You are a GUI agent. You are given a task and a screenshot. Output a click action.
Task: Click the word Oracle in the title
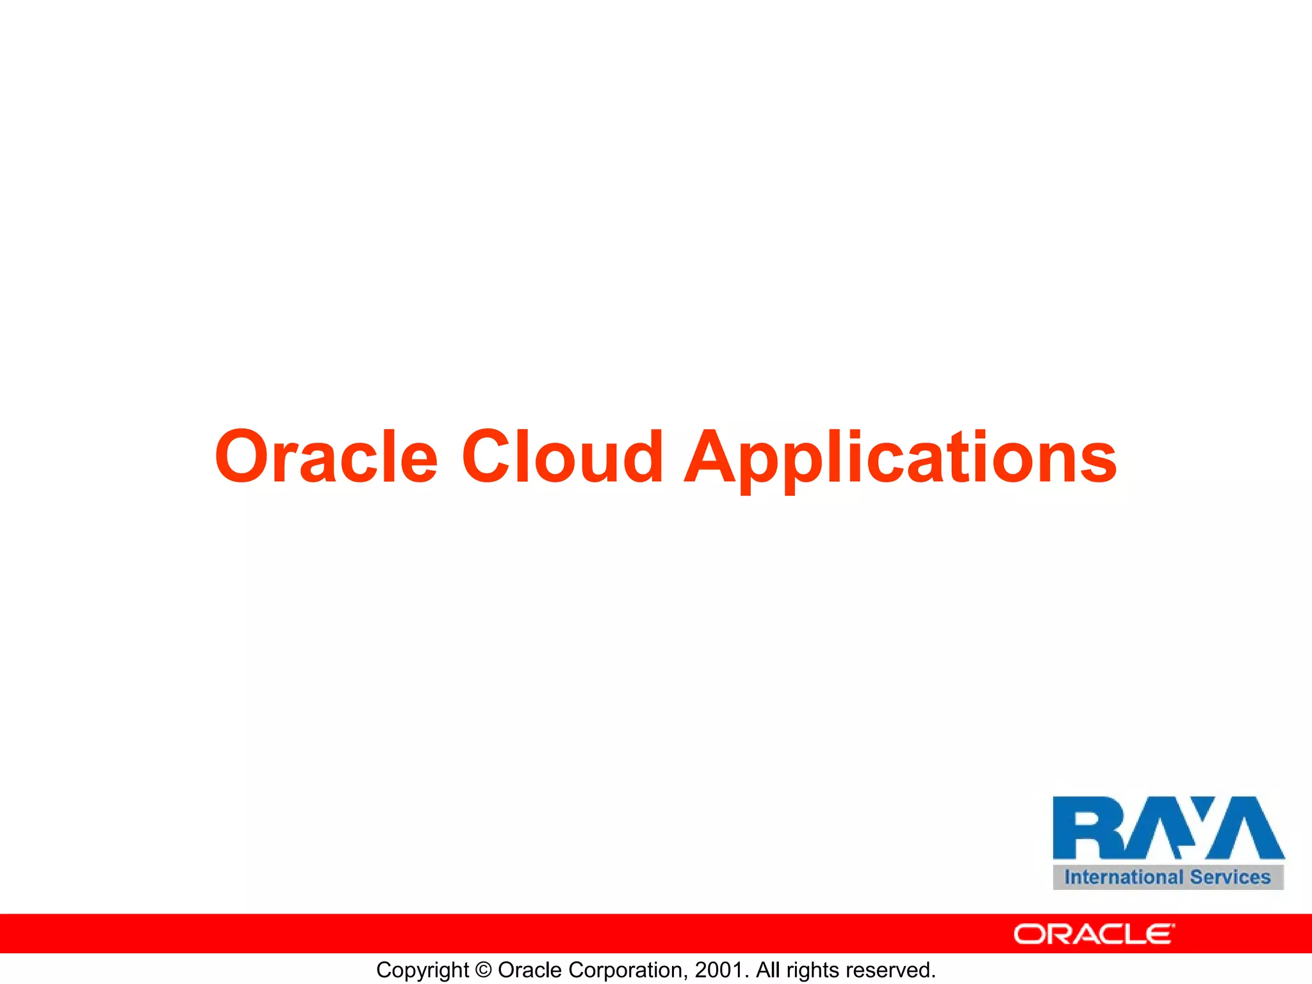[326, 456]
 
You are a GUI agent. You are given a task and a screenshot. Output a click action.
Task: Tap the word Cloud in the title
[562, 456]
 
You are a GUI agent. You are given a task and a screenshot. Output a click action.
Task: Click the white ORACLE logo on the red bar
[1094, 934]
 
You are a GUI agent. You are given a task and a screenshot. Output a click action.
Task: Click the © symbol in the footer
[484, 970]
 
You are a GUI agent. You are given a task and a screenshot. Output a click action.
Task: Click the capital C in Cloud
[488, 456]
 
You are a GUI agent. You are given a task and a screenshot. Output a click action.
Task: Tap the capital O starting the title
[242, 456]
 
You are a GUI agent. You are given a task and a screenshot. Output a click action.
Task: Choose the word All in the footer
[767, 970]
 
